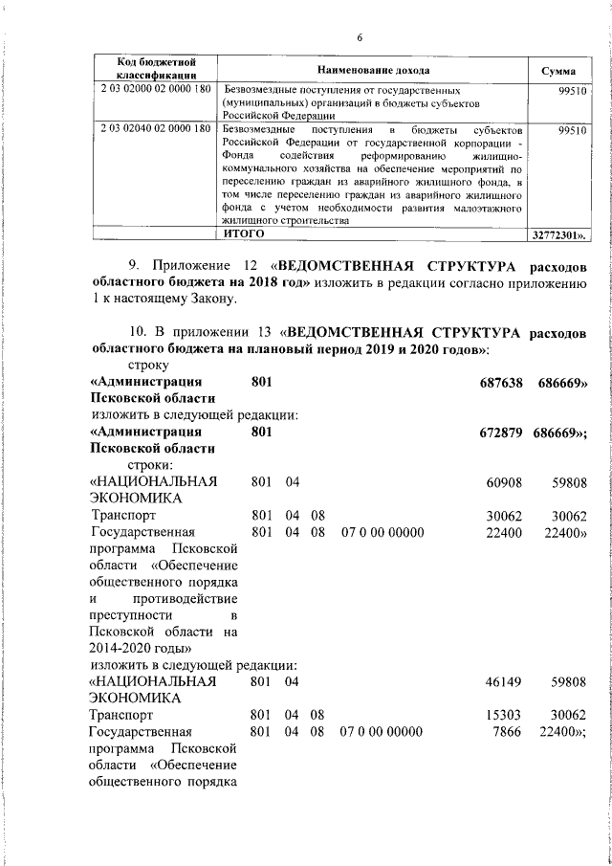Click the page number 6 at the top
(359, 38)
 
